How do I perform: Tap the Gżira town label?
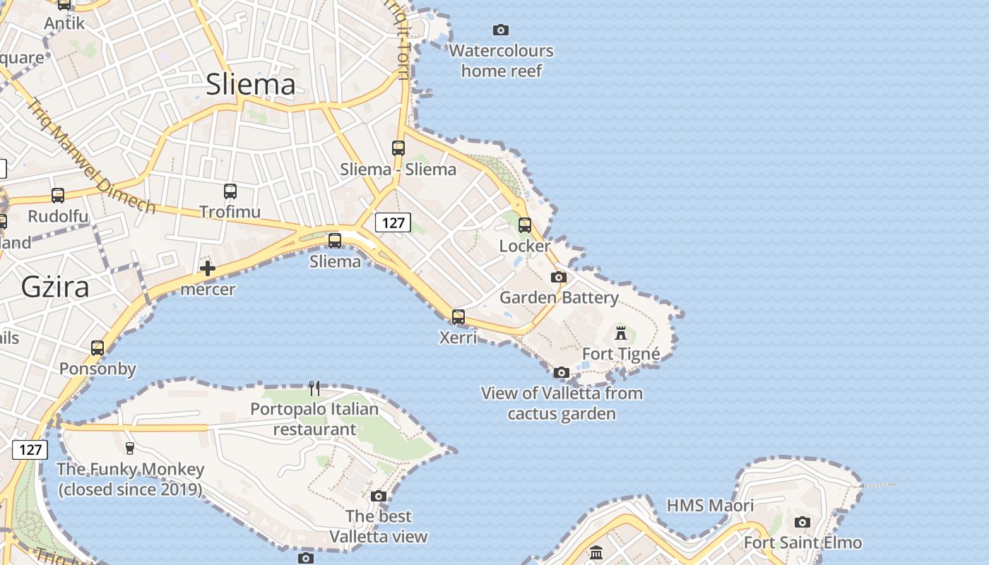click(55, 287)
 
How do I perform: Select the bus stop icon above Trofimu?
click(230, 191)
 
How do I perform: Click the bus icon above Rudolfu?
click(58, 196)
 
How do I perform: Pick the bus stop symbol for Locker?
click(525, 225)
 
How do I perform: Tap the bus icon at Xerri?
click(458, 317)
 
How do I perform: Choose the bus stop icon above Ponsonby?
click(97, 347)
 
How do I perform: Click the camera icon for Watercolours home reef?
click(501, 30)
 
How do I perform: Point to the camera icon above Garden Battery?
click(559, 277)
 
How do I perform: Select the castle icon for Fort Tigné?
click(621, 333)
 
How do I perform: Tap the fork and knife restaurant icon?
click(314, 388)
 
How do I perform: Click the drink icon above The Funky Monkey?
click(129, 448)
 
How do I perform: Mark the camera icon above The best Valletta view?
click(379, 496)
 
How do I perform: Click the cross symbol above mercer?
click(208, 268)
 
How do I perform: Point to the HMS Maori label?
click(710, 506)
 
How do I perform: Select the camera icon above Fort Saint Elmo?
click(802, 522)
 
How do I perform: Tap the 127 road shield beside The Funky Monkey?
click(30, 450)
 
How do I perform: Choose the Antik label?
click(64, 23)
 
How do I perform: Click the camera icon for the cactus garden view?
click(562, 372)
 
